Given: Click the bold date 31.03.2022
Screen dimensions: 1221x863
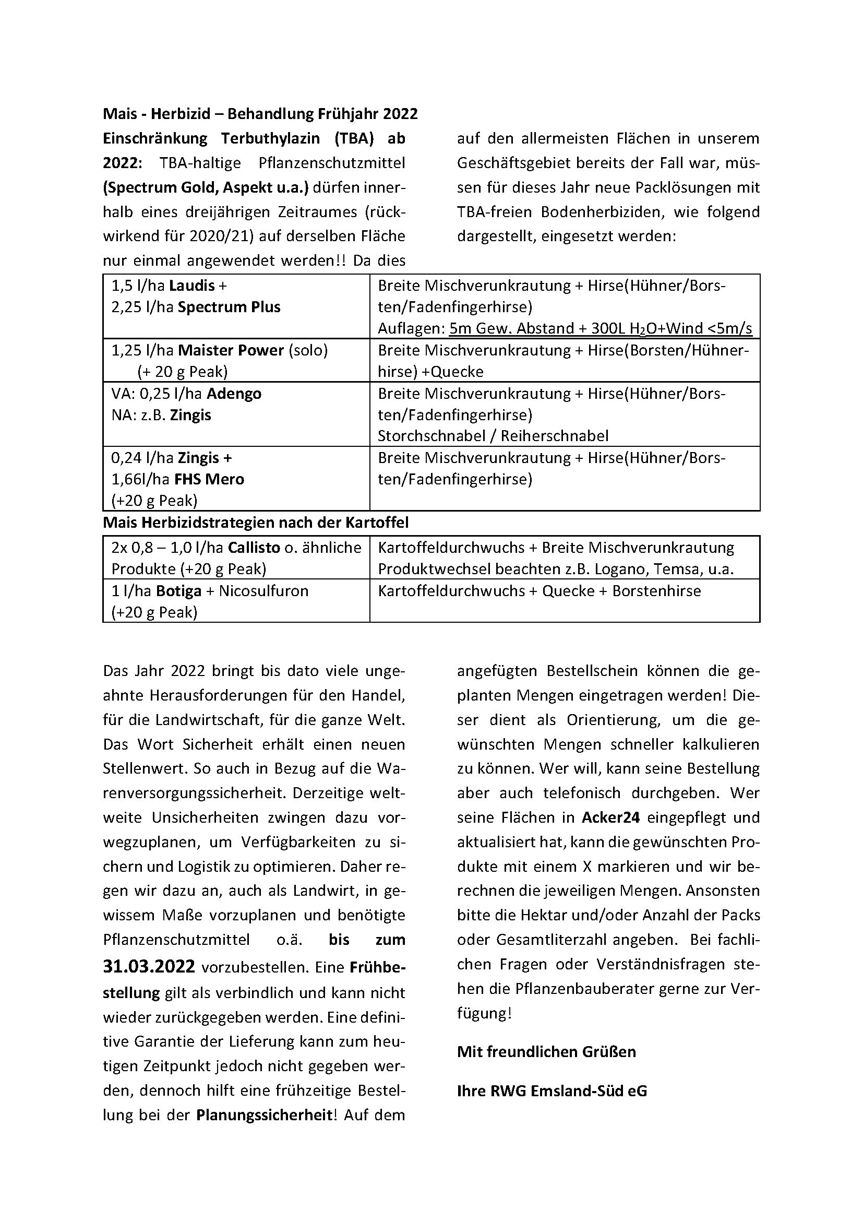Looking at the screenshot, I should pyautogui.click(x=149, y=966).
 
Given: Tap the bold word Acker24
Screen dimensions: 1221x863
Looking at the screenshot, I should pyautogui.click(x=610, y=817).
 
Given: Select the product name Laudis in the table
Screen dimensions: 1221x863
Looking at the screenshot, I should pyautogui.click(x=192, y=286).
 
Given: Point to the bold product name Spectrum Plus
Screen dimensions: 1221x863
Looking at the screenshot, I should pyautogui.click(x=229, y=307).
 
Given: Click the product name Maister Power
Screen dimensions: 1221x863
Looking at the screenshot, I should pyautogui.click(x=231, y=350).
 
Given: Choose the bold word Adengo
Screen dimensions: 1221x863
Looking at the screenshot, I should pyautogui.click(x=234, y=394).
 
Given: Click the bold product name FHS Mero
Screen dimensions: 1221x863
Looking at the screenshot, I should pyautogui.click(x=209, y=480).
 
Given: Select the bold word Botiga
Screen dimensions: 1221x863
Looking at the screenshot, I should pyautogui.click(x=178, y=591).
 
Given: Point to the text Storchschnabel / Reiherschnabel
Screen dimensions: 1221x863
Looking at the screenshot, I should pyautogui.click(x=493, y=436).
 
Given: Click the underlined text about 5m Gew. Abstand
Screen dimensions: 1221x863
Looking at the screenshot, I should pyautogui.click(x=601, y=329).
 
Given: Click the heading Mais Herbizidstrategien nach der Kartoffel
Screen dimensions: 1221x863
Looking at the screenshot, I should pyautogui.click(x=256, y=523).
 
